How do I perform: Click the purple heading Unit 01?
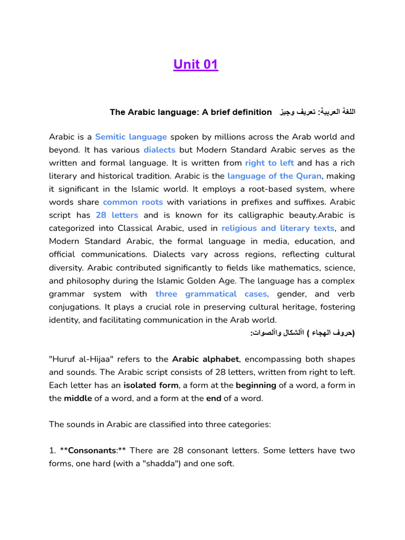195,65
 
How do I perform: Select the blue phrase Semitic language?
131,137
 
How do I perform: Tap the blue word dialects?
159,150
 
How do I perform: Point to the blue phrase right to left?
269,163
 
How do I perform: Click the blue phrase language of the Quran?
274,176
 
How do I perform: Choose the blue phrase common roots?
133,202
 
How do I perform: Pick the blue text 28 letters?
117,215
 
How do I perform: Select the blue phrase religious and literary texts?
278,228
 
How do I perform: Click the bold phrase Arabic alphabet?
206,359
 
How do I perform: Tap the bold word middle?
78,399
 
